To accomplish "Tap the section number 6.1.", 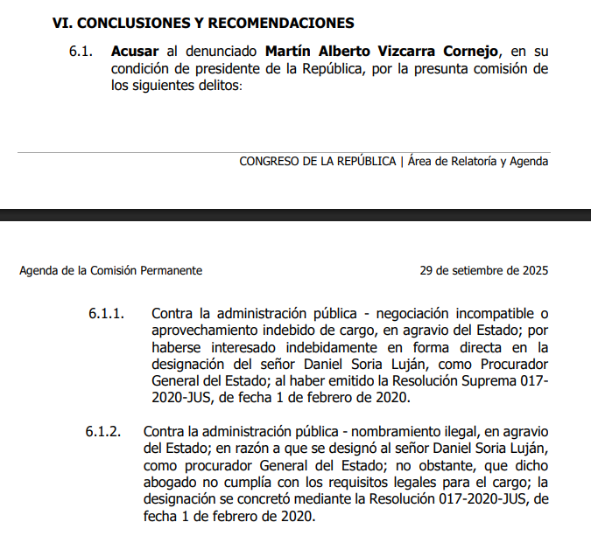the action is [x=81, y=52].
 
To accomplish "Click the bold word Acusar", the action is [x=135, y=52].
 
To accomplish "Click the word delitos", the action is [x=217, y=87].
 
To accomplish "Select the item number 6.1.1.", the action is [x=106, y=313].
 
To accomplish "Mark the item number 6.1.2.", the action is [x=106, y=432].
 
